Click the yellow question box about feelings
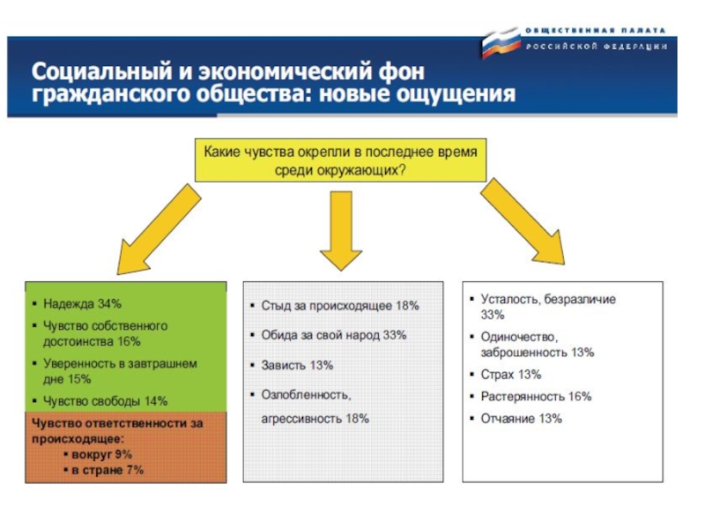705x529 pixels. click(339, 160)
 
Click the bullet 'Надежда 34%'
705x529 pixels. click(83, 304)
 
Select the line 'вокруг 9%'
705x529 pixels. click(101, 453)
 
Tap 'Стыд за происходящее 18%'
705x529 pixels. click(340, 305)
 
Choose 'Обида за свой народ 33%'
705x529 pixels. click(334, 335)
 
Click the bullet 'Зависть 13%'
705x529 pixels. click(297, 365)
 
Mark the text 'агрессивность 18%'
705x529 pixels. click(315, 419)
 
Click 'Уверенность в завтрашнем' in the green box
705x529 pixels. click(120, 362)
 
